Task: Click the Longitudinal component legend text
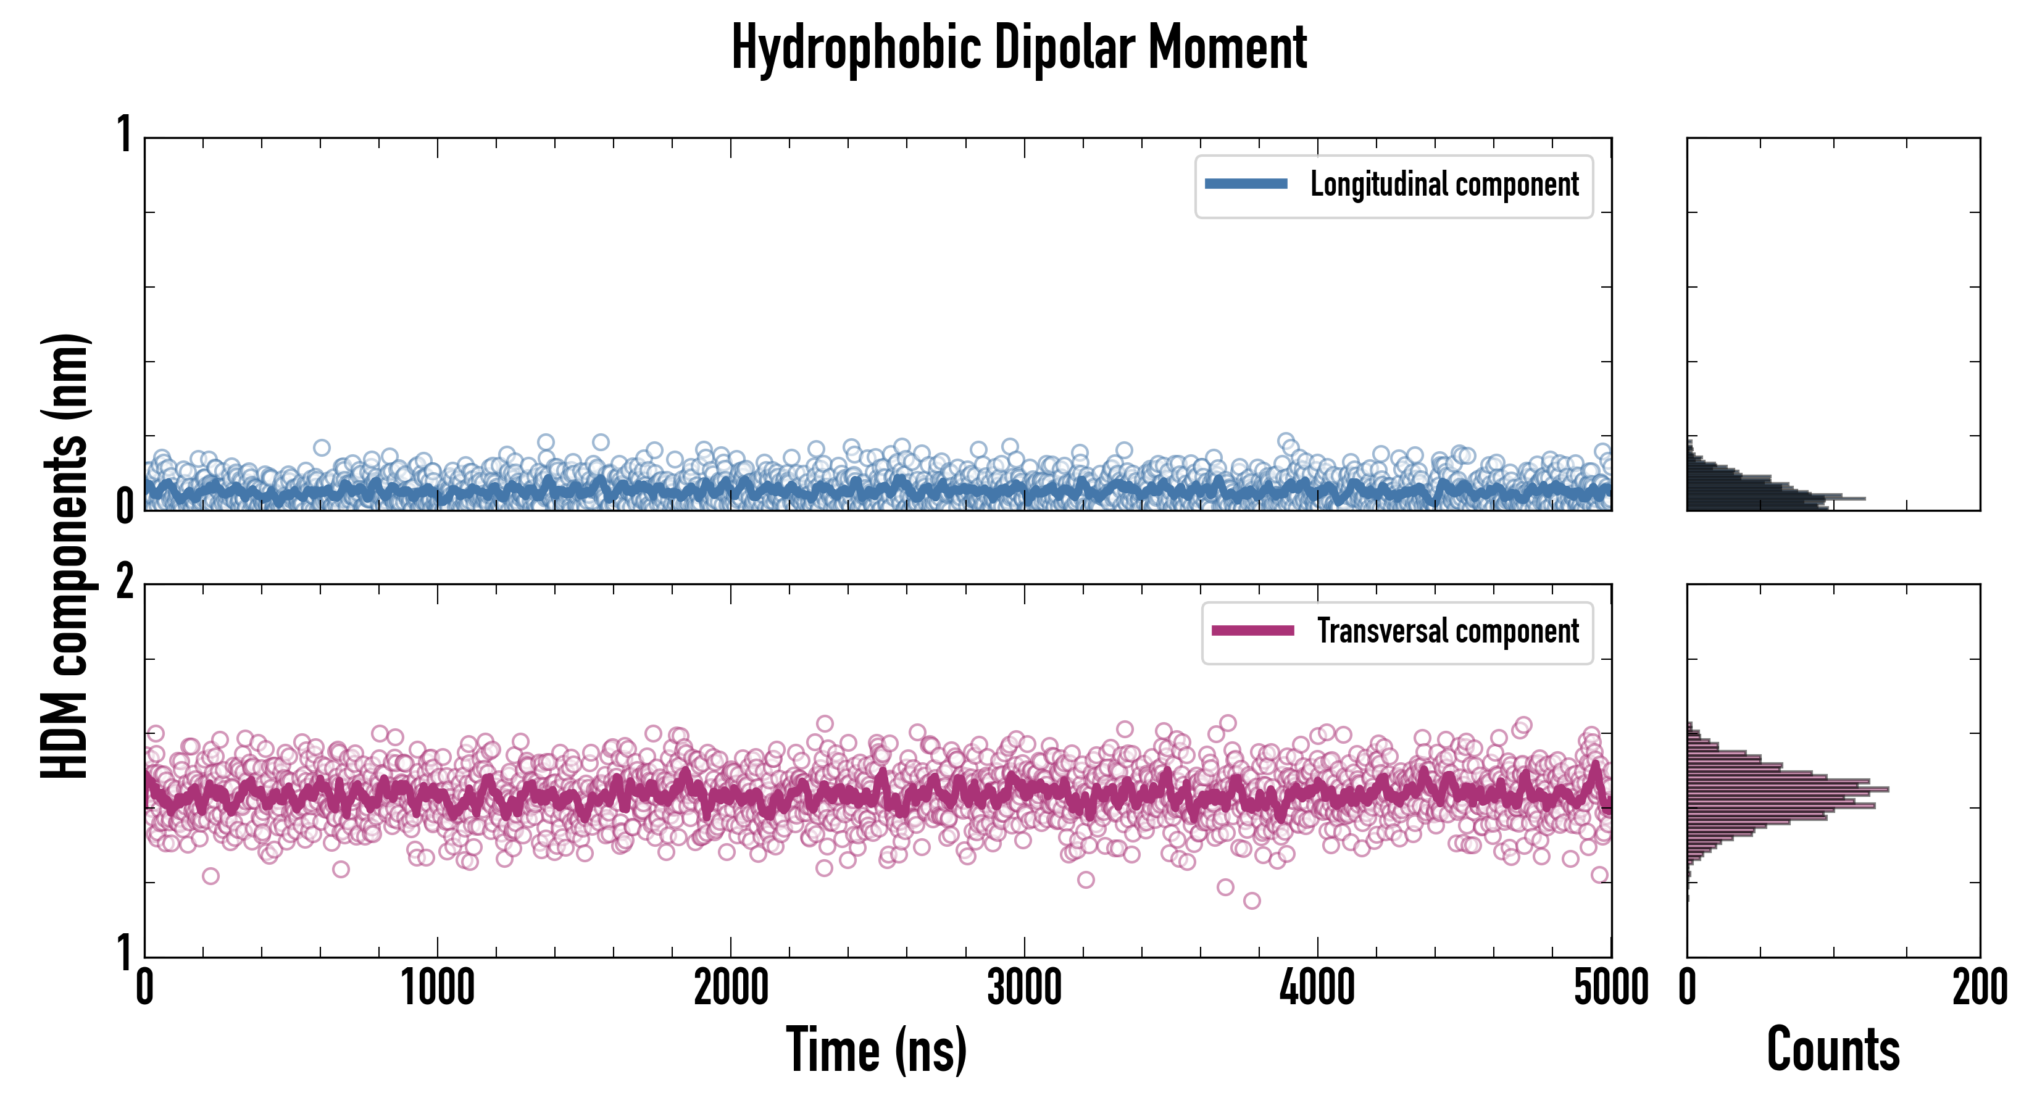1444,185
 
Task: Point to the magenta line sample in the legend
1252,631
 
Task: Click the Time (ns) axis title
876,1049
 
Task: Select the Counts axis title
1833,1049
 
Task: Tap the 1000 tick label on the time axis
437,988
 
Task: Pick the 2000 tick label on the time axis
731,988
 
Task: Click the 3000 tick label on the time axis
1024,988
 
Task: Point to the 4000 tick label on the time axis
1317,988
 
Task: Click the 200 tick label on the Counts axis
1979,988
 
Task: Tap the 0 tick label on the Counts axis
1688,988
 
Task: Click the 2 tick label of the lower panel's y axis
125,583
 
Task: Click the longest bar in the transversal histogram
1787,789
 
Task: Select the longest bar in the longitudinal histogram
1775,499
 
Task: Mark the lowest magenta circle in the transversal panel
1251,901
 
